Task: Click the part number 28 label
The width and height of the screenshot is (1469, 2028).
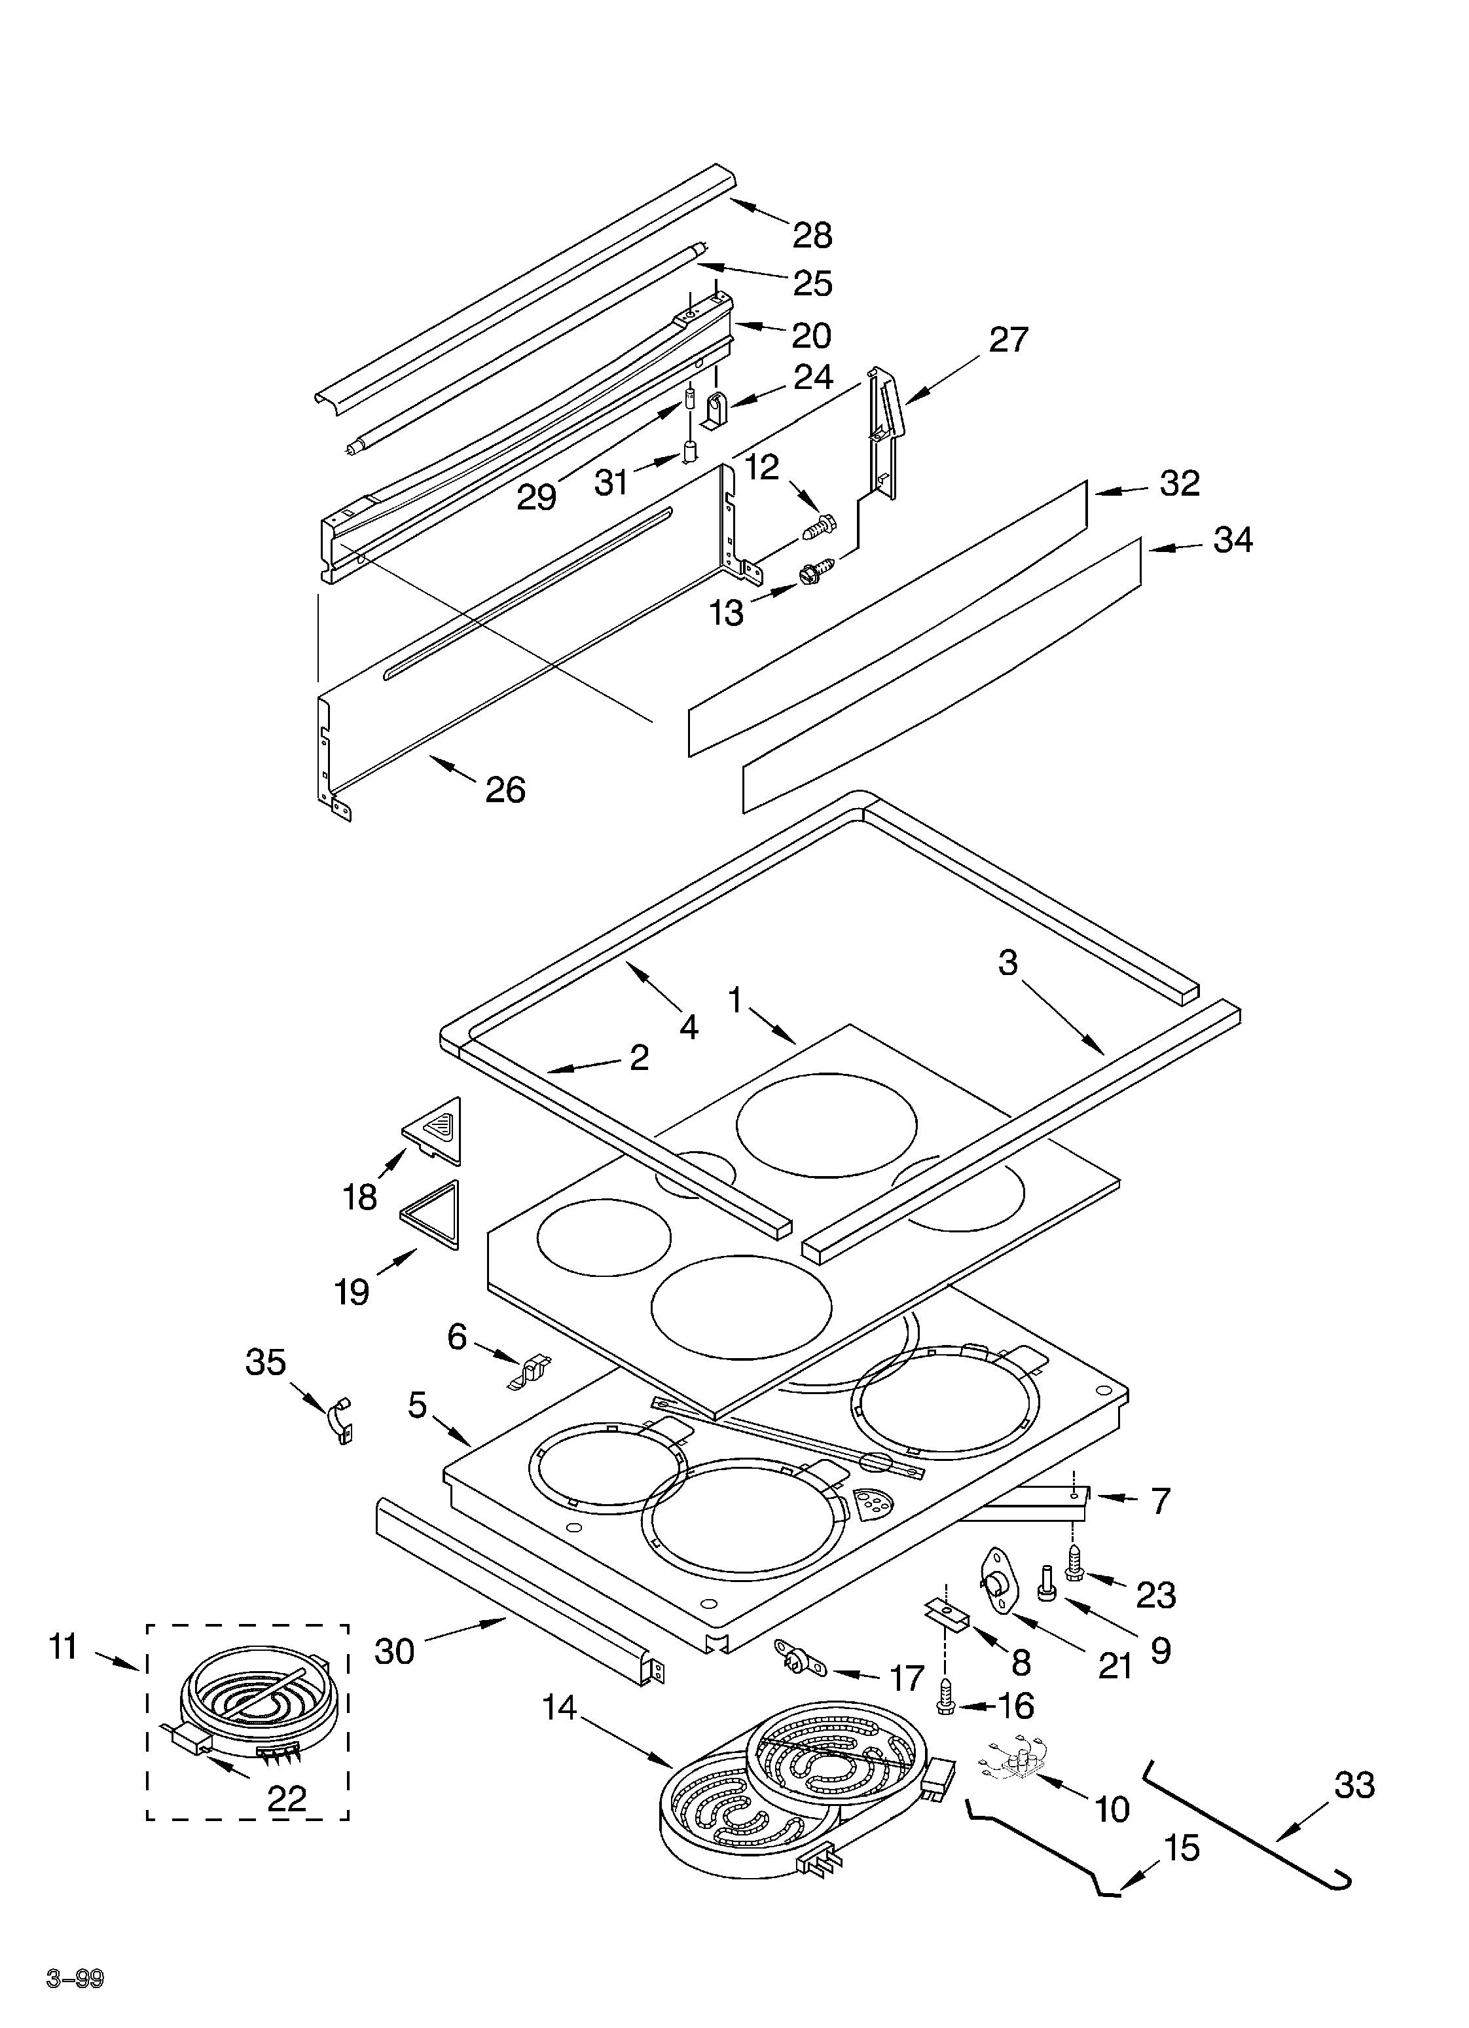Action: (812, 235)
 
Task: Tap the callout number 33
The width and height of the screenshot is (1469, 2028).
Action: (1354, 1785)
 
